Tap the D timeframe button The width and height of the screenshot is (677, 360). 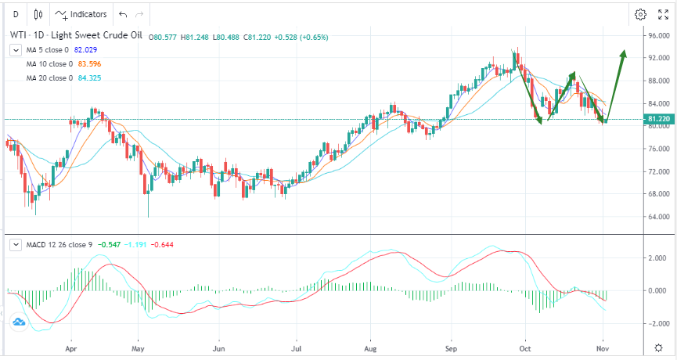(16, 14)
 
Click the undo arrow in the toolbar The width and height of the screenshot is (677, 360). (122, 14)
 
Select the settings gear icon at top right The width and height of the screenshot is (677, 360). (640, 14)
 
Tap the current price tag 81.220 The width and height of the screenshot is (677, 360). (657, 119)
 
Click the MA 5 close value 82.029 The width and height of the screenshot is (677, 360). (86, 50)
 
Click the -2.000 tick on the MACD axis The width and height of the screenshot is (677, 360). (655, 323)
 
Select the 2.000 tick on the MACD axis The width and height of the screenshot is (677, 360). (657, 257)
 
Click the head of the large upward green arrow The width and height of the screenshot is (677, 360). (623, 52)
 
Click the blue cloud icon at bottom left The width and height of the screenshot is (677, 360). (18, 321)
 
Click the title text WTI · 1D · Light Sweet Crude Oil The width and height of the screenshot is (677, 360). (75, 36)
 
